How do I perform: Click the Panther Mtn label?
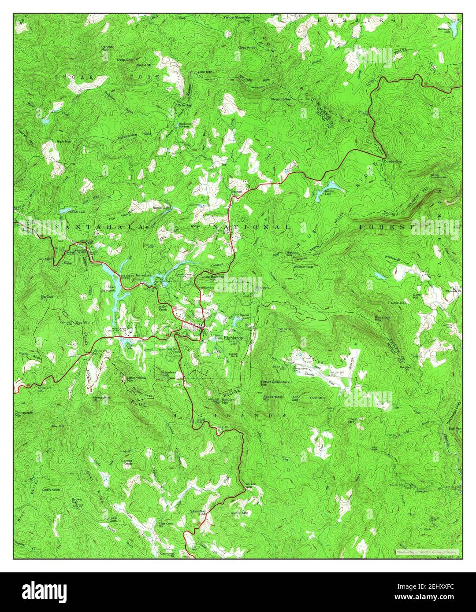[107, 48]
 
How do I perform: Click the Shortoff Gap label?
[281, 100]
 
